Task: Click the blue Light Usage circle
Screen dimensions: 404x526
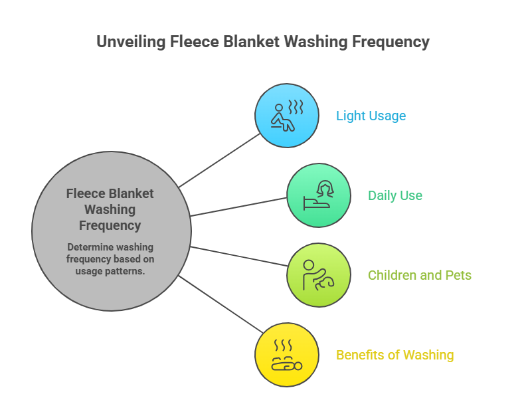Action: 287,116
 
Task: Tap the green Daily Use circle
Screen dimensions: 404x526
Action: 319,195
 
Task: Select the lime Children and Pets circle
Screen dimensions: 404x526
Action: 319,275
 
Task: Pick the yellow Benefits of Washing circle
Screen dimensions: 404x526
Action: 287,355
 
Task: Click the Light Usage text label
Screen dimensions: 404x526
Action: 371,116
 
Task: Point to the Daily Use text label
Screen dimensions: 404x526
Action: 395,196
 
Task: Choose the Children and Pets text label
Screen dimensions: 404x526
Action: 420,275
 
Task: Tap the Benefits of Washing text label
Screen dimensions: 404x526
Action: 395,355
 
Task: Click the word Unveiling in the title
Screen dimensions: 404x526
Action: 130,42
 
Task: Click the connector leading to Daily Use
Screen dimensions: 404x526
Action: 239,207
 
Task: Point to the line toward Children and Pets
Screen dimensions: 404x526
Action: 239,256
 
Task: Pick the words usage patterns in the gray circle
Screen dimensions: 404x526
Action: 110,270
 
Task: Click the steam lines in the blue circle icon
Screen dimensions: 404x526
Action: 295,106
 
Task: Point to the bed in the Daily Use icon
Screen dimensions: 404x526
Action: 313,203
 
